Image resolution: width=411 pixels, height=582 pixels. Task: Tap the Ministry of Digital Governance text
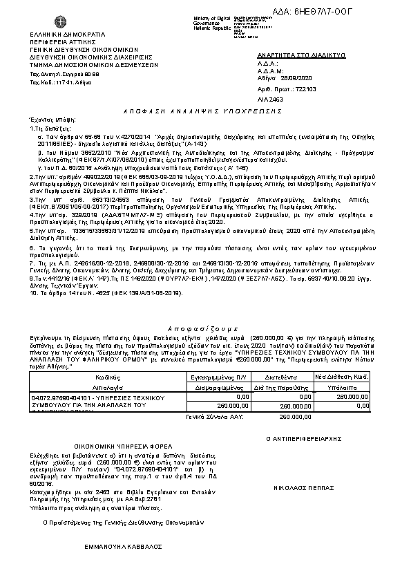[235, 20]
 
